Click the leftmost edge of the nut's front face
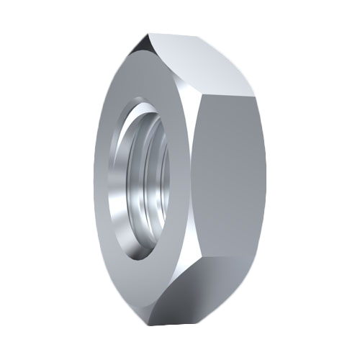click(96, 180)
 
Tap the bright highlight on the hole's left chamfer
click(115, 180)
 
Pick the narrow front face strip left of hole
click(103, 180)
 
